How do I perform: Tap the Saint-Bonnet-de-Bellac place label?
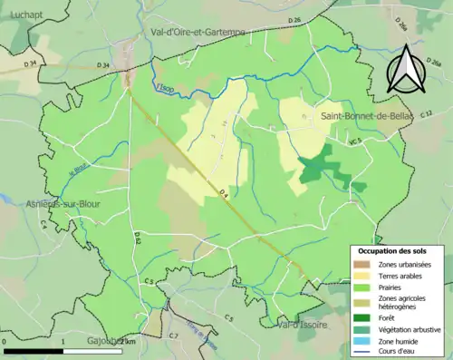tap(359, 117)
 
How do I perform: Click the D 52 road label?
tap(138, 238)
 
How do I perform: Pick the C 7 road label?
tap(173, 336)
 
